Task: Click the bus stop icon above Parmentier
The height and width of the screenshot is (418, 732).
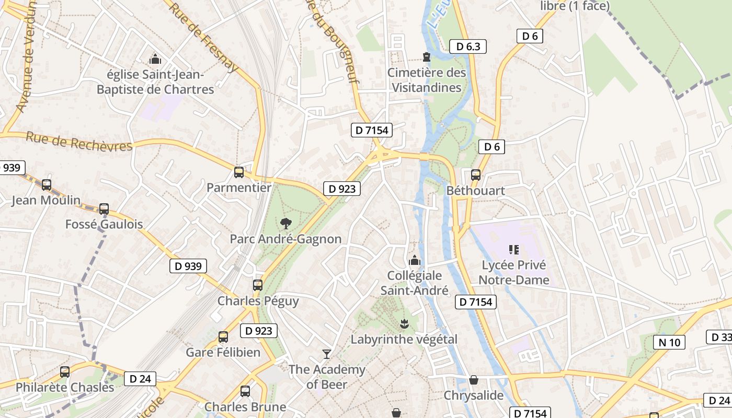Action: [x=239, y=172]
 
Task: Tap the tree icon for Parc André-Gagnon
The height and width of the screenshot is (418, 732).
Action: [x=285, y=224]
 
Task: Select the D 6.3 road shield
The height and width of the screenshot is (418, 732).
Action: [x=468, y=47]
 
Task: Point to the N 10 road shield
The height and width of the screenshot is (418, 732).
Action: [x=669, y=342]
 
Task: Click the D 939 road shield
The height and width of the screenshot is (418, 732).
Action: [x=188, y=266]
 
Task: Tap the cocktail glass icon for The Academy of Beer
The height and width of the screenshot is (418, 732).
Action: [x=327, y=354]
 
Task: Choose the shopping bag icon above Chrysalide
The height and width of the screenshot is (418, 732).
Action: [x=474, y=380]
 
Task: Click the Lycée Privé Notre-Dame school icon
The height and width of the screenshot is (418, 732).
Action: [x=514, y=250]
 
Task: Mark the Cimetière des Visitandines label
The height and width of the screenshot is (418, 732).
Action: [x=427, y=80]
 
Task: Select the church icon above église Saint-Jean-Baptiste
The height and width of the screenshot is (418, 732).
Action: [x=155, y=59]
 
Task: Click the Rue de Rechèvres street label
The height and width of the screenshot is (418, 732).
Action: [x=79, y=142]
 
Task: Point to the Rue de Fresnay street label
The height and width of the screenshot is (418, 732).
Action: [x=203, y=38]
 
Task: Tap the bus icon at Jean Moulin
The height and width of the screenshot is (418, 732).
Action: [x=47, y=184]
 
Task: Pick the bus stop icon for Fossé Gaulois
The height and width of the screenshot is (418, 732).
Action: [x=104, y=209]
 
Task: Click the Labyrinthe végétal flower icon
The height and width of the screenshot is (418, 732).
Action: [x=404, y=324]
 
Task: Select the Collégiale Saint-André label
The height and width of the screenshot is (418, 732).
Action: [x=414, y=283]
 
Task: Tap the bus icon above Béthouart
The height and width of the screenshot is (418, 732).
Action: [x=476, y=175]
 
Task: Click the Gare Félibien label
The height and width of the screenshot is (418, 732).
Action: [x=223, y=352]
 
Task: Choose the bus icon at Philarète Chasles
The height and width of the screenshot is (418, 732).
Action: [x=65, y=372]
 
